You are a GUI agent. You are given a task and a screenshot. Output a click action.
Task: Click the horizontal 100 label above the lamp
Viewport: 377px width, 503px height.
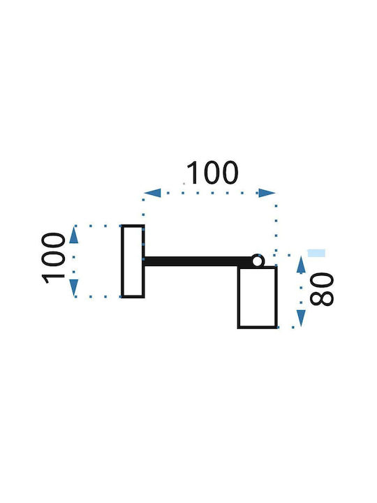pos(212,173)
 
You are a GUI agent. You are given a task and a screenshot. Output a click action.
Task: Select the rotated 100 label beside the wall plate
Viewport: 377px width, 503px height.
pos(54,258)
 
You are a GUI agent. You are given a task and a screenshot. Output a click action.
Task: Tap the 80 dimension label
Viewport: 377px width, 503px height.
pos(322,289)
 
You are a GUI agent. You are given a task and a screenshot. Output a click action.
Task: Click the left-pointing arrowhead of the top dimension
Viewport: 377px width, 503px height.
pos(152,193)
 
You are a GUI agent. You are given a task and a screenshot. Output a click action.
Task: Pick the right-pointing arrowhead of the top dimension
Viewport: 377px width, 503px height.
pos(267,193)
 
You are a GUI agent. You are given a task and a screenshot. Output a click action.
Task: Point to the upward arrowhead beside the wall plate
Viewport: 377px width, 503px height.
pos(74,235)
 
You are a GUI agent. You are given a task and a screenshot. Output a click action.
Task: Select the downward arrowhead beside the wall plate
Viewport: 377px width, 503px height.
pos(74,288)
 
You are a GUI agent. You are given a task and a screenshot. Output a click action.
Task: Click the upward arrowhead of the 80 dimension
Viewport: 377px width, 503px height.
pos(301,265)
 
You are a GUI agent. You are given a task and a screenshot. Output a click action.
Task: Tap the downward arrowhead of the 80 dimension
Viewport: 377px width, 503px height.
pos(301,319)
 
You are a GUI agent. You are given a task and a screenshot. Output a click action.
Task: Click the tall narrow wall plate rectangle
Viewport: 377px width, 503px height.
pos(122,261)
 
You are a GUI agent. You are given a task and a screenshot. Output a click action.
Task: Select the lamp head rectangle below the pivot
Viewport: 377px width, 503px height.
pos(239,298)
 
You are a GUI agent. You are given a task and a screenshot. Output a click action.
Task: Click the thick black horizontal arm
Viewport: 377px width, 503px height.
pos(198,261)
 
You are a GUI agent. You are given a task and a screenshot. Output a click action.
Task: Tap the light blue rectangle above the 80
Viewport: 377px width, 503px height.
pos(316,253)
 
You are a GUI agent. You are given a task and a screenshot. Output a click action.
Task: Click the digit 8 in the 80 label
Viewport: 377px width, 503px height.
pos(322,298)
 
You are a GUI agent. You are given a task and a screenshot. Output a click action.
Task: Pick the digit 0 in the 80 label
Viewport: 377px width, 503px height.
pos(322,279)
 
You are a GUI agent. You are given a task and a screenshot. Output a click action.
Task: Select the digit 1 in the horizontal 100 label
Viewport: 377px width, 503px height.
pos(193,173)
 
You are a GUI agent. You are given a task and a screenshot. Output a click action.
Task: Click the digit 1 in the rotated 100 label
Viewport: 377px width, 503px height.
pos(54,279)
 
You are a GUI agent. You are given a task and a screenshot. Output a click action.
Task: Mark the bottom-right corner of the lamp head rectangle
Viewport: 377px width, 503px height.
pos(276,328)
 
